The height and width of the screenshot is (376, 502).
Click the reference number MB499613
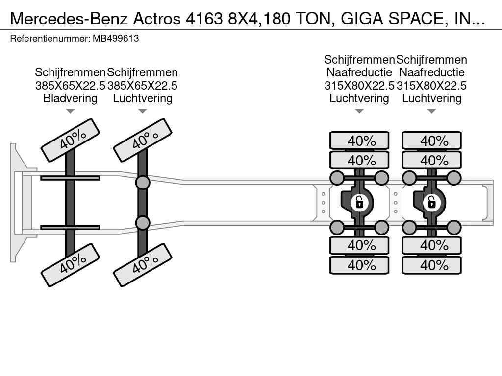pos(116,39)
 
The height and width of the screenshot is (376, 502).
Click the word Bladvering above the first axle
pos(70,98)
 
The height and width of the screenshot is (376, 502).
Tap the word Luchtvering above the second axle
pos(143,98)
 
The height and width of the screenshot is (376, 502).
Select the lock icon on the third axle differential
pos(359,202)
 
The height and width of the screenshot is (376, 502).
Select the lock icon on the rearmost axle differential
pos(431,202)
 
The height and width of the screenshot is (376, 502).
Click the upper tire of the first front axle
pos(70,140)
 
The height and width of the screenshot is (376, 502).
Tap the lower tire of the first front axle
pos(70,265)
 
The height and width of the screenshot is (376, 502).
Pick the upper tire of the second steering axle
pos(143,140)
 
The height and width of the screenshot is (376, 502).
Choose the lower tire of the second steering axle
pos(143,265)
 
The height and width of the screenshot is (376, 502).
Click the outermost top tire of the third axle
pos(359,141)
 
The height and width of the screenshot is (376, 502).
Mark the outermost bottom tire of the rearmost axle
pos(431,265)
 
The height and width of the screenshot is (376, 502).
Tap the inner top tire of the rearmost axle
pos(431,160)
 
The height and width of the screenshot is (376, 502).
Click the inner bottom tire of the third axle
pos(359,246)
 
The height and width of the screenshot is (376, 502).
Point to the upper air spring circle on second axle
pos(143,183)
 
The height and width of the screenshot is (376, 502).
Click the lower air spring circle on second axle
pos(143,223)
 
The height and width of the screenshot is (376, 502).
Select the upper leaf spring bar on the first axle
pos(70,178)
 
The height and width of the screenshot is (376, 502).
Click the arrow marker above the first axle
pos(70,111)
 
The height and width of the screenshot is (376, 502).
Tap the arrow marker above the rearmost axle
pos(431,111)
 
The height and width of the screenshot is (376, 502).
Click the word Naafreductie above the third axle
pos(359,72)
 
